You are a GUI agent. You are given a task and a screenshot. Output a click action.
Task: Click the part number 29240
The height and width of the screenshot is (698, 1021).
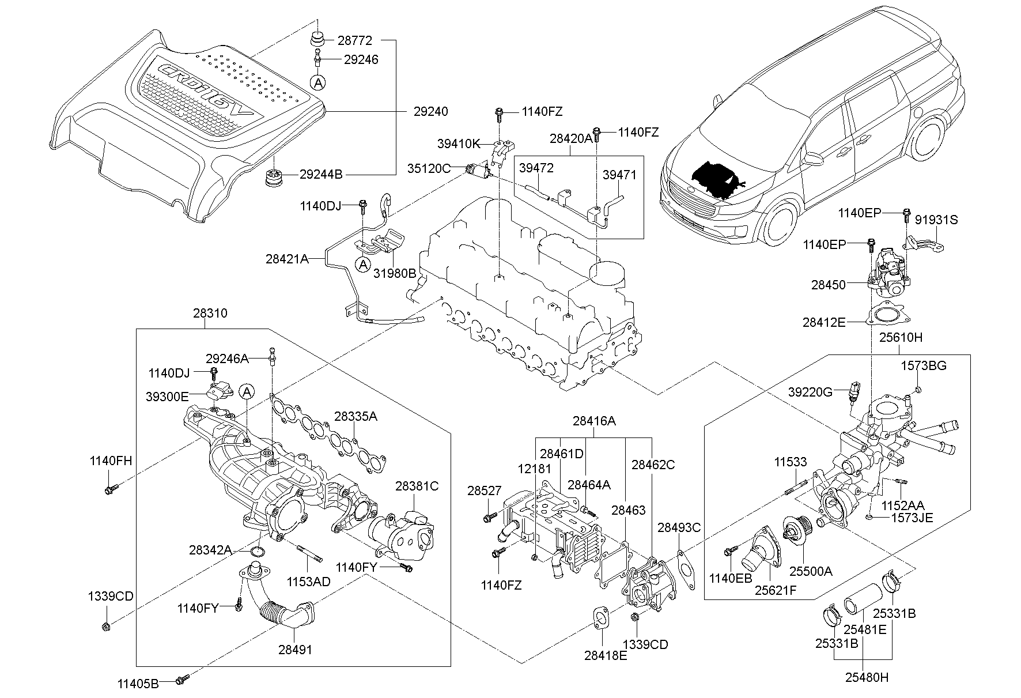coord(430,111)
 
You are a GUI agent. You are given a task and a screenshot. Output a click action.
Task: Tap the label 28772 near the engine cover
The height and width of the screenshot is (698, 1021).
coord(354,41)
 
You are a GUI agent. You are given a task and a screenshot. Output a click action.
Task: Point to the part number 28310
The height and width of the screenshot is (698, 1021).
coord(210,314)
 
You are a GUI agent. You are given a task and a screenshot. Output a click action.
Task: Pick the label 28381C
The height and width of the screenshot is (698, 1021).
coord(417,486)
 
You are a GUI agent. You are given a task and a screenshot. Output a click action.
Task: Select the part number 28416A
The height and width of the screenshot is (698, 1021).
coord(593,421)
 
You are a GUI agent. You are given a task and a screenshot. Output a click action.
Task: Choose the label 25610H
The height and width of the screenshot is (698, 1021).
coord(900,337)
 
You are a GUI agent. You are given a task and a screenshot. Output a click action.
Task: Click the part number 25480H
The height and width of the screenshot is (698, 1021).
coord(867,678)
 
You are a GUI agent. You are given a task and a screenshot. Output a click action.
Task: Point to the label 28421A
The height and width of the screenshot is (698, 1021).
coord(286,259)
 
